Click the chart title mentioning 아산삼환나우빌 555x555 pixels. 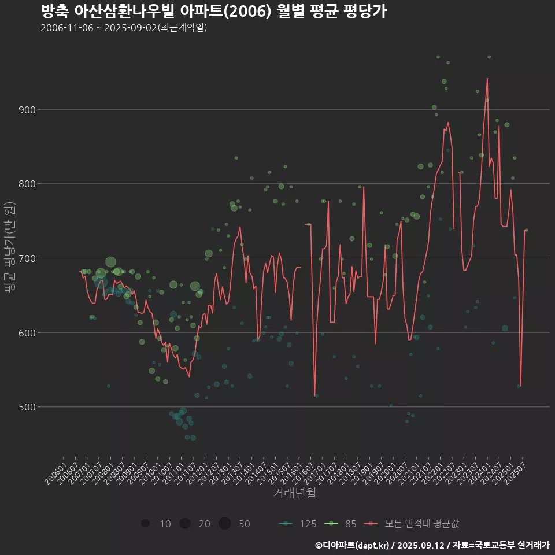coord(213,11)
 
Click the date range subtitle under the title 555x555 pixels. coord(124,28)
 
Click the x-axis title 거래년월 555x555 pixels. coord(294,493)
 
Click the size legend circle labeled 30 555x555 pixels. coord(225,524)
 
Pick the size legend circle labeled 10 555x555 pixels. coord(145,524)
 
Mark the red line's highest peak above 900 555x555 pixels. coord(487,79)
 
